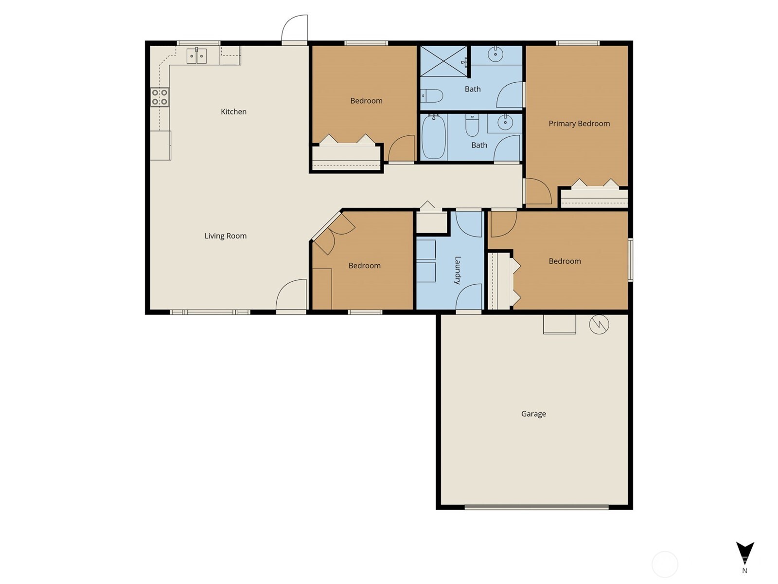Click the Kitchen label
[233, 111]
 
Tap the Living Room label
[225, 236]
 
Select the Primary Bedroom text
[579, 124]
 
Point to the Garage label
[533, 414]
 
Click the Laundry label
[458, 270]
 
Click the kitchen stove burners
[159, 97]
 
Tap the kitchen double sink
[196, 56]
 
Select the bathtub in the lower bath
[433, 137]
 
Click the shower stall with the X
[443, 61]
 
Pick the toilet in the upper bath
[432, 96]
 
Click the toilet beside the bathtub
[472, 126]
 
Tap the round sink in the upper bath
[495, 54]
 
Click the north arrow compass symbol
[744, 554]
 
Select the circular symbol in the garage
[599, 325]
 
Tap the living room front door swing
[292, 295]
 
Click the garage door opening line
[536, 507]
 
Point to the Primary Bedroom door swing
[537, 191]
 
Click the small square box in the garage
[559, 324]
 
